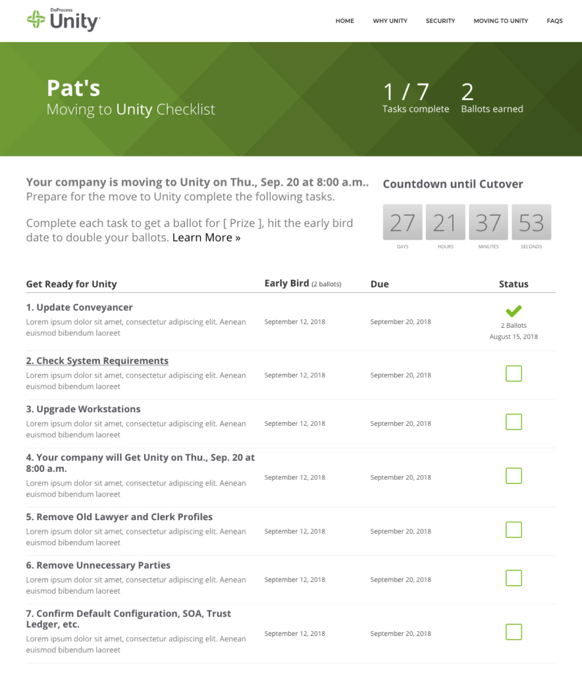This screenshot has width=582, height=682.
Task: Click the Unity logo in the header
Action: pyautogui.click(x=63, y=20)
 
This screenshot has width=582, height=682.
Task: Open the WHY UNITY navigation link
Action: pyautogui.click(x=390, y=21)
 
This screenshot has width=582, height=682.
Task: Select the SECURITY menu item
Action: pyautogui.click(x=440, y=21)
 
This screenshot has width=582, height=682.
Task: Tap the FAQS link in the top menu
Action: pyautogui.click(x=554, y=21)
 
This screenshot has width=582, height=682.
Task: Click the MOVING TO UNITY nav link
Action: pyautogui.click(x=500, y=21)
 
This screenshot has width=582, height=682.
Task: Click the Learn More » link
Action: pyautogui.click(x=206, y=238)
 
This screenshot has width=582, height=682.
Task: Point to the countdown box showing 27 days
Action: pyautogui.click(x=402, y=222)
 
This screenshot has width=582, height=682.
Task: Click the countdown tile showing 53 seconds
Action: pyautogui.click(x=531, y=222)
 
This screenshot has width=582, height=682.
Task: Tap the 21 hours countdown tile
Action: pyautogui.click(x=446, y=222)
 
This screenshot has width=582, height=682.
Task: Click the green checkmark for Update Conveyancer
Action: pyautogui.click(x=514, y=311)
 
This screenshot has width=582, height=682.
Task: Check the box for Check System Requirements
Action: pyautogui.click(x=514, y=374)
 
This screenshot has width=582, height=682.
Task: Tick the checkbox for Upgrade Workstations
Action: pyautogui.click(x=514, y=422)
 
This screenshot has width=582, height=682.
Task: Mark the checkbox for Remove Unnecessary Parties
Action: pyautogui.click(x=514, y=578)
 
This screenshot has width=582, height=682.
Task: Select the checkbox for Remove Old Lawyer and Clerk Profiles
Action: pyautogui.click(x=514, y=530)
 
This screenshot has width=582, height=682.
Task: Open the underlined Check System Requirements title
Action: pyautogui.click(x=97, y=361)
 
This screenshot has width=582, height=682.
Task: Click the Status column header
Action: pyautogui.click(x=514, y=284)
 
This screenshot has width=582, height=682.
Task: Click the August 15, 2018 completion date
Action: pyautogui.click(x=514, y=336)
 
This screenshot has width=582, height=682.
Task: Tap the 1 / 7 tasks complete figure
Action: pyautogui.click(x=406, y=92)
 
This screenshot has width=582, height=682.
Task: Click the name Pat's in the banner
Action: pyautogui.click(x=74, y=88)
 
